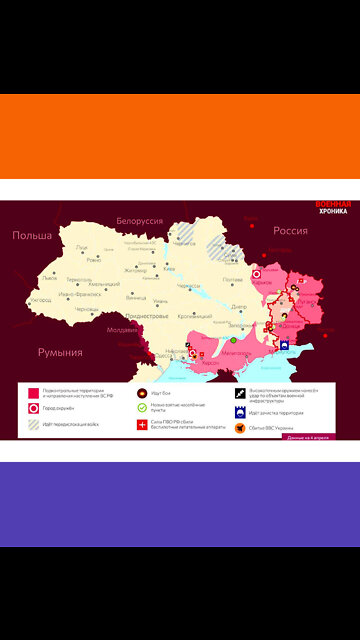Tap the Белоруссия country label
[x=139, y=220]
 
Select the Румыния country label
[x=60, y=352]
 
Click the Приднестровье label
[x=145, y=316]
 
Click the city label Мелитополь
[x=236, y=352]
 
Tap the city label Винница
[x=136, y=298]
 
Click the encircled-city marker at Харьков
[x=256, y=272]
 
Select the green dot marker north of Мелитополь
[x=233, y=340]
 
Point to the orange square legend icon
[x=241, y=428]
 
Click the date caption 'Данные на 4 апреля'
[x=310, y=438]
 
